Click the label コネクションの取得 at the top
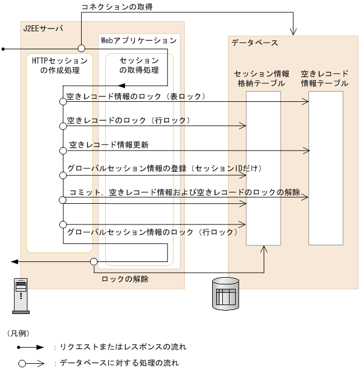click(117, 7)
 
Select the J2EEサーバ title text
click(43, 28)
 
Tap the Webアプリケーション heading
click(138, 40)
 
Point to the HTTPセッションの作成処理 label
click(60, 65)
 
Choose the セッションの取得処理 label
click(138, 65)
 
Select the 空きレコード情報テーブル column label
click(325, 78)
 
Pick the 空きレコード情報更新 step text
click(109, 144)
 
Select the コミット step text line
click(185, 193)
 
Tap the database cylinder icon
click(226, 293)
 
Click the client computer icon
click(21, 296)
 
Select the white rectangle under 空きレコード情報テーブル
click(326, 168)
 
